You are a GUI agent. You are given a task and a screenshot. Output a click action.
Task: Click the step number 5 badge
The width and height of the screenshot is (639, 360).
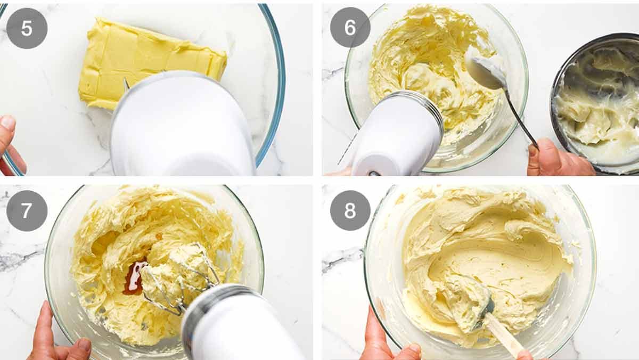27,28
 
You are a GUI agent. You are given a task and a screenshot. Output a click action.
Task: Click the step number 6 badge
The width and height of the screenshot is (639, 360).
350,28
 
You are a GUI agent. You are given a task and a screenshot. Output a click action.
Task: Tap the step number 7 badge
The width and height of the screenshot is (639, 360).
27,211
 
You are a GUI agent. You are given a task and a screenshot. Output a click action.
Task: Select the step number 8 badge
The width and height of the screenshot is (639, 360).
350,211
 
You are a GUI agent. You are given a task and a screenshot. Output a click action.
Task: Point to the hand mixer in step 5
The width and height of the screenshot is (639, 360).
181,128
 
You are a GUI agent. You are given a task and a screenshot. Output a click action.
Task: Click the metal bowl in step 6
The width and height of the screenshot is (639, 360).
596,107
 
